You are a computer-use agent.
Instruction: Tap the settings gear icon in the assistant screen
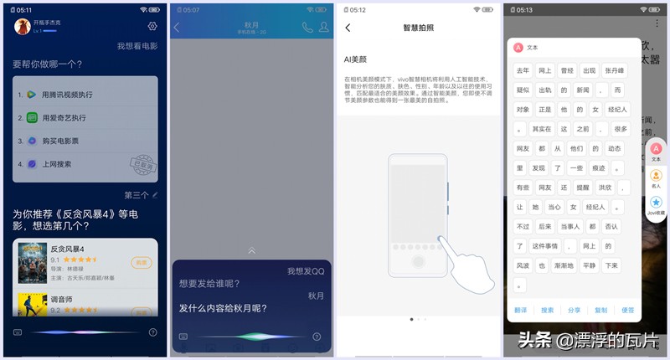coord(152,26)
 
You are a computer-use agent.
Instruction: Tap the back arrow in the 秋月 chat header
coord(177,28)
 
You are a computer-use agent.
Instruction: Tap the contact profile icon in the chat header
coord(322,27)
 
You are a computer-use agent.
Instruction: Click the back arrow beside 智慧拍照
coord(348,28)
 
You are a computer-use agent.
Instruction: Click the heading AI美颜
coord(358,60)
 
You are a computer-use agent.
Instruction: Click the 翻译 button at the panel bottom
coord(521,310)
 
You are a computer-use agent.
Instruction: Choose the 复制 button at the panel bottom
coord(600,310)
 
